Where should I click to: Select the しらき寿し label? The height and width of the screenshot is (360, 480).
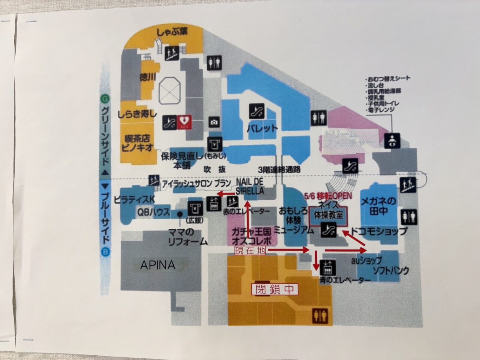pos(137,114)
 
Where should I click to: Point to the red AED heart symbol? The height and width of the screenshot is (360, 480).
pos(184,122)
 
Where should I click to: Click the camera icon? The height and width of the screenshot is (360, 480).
pos(214,122)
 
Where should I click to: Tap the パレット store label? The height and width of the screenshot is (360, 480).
pos(262,128)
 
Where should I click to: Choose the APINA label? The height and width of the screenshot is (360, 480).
pos(157,265)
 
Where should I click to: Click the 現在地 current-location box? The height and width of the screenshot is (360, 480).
pos(250,250)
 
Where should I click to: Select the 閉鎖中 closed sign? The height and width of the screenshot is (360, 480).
pos(274,289)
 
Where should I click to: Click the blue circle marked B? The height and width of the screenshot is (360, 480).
pos(105,252)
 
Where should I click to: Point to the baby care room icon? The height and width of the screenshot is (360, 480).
pos(392,141)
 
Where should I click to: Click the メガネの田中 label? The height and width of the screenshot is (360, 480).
pos(378,206)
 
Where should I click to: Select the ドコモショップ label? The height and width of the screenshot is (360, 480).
pos(379,231)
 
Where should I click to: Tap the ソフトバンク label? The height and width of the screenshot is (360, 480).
pos(390,270)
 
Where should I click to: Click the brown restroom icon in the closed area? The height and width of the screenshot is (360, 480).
pos(319,316)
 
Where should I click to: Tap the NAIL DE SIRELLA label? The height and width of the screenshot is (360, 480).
pos(250,186)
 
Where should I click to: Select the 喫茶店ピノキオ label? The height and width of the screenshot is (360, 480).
pos(138,143)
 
